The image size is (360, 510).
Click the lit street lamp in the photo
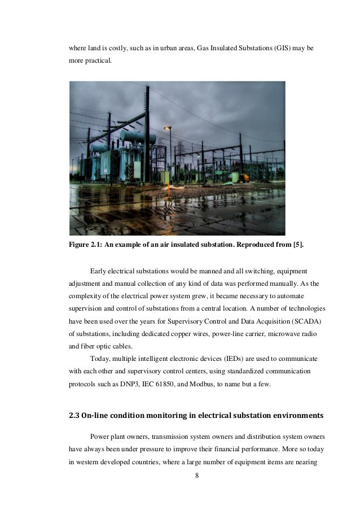click(168, 128)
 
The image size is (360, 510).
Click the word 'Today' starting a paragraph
click(99, 359)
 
